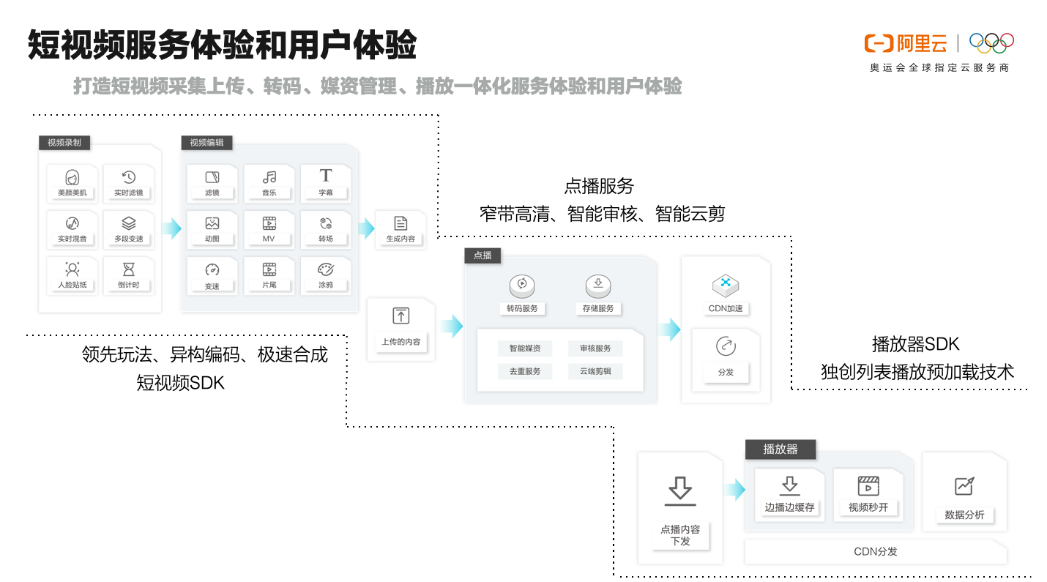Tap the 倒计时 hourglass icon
click(x=129, y=269)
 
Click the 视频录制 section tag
click(x=64, y=143)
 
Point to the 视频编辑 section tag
click(x=206, y=143)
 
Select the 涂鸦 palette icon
click(x=326, y=269)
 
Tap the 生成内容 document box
click(x=400, y=230)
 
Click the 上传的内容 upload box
click(x=400, y=329)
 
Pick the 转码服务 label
click(x=522, y=308)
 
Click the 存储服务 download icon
click(x=598, y=283)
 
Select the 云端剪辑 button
click(x=595, y=371)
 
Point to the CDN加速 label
click(x=726, y=308)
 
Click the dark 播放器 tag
click(x=780, y=449)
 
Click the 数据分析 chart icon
click(x=965, y=486)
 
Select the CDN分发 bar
click(x=876, y=551)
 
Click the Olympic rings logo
click(x=991, y=43)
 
